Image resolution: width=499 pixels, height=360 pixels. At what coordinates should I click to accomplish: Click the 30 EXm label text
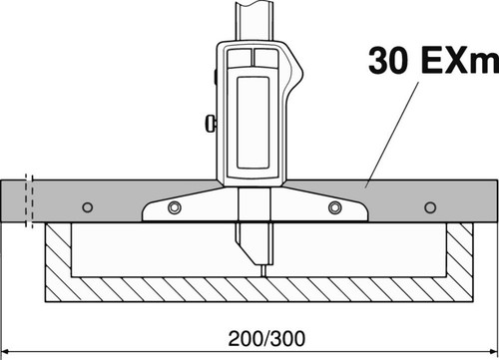coord(433,61)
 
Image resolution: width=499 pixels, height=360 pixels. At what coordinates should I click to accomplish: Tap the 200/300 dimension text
coord(266,339)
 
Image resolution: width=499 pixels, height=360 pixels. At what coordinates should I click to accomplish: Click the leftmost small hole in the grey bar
coord(88,207)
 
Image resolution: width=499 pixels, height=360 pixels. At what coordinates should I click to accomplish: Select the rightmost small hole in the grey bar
coord(430,207)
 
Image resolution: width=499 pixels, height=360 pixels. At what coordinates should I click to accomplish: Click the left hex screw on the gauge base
coord(174,207)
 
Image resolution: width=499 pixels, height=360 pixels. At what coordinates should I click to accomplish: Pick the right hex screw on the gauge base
coord(334,207)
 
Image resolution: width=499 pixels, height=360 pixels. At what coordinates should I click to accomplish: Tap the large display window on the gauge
coord(252,123)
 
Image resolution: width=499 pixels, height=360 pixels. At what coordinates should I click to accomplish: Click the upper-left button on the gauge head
coord(240,57)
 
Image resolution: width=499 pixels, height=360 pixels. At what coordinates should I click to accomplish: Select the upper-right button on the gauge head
coord(265,57)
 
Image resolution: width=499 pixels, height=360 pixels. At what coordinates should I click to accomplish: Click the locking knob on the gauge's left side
coord(211,124)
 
